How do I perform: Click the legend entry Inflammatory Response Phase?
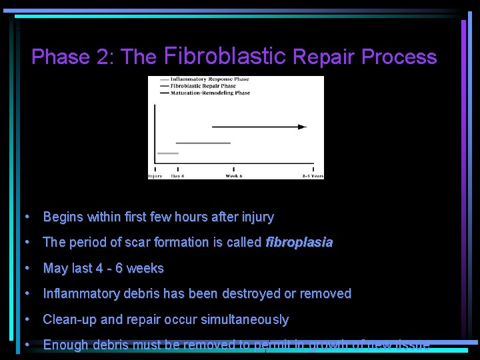click(209, 79)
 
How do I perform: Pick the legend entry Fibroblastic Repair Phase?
click(203, 86)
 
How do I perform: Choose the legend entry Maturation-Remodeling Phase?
click(209, 93)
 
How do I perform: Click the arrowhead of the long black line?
click(303, 126)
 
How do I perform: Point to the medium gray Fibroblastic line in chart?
click(203, 143)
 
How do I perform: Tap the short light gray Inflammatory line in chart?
click(168, 153)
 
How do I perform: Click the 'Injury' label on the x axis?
click(155, 176)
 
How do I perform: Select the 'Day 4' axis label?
click(177, 176)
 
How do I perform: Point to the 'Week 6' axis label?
click(233, 176)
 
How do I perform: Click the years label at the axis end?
click(312, 176)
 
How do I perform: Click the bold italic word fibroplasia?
click(299, 243)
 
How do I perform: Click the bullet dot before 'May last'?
click(26, 269)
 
